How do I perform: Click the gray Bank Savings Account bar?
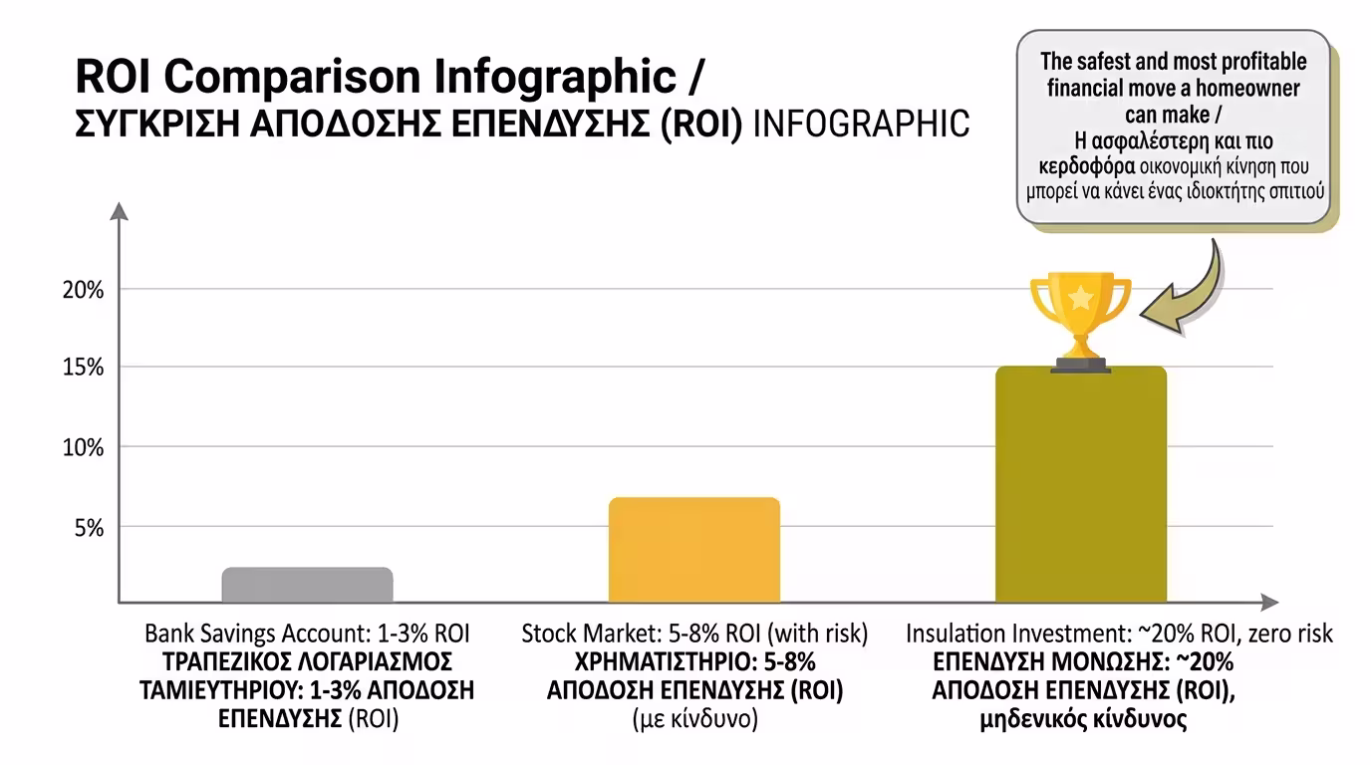[x=307, y=585]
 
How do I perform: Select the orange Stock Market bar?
[x=693, y=549]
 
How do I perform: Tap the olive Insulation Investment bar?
[x=1080, y=484]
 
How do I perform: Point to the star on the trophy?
[x=1080, y=297]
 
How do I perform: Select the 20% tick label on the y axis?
[x=85, y=290]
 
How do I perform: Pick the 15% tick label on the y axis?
[x=85, y=368]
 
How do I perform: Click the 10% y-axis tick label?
[x=85, y=447]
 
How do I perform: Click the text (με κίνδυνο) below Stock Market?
[x=694, y=719]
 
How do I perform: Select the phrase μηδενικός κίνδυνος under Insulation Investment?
[x=1083, y=719]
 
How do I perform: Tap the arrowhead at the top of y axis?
[x=120, y=211]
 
